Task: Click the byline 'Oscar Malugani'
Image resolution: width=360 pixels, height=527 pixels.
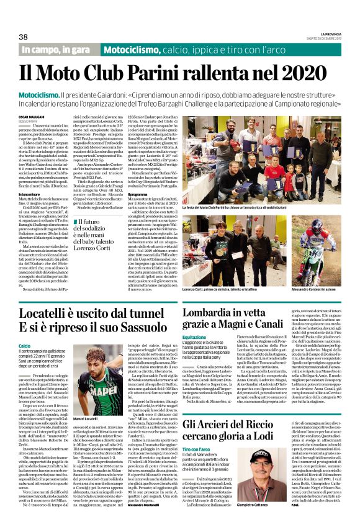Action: click(x=30, y=116)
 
